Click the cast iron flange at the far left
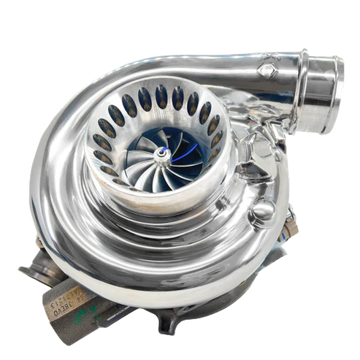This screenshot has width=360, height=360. pos(34,275)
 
